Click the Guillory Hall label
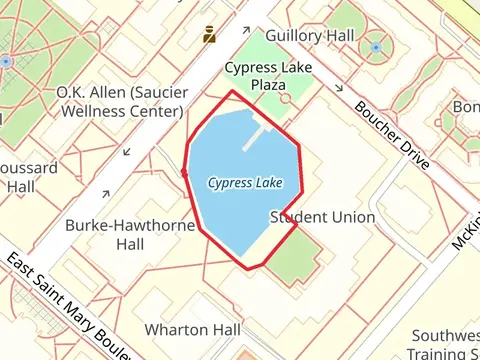pos(311,35)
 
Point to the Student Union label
pos(323,217)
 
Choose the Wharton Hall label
pos(193,329)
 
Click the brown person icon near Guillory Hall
pos(209,34)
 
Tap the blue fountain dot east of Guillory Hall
pos(376,47)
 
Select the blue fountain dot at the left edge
pos(6,61)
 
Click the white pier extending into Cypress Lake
pos(257,136)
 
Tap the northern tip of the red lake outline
pos(233,91)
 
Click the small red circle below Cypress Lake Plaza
pos(283,100)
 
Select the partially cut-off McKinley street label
pos(464,233)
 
